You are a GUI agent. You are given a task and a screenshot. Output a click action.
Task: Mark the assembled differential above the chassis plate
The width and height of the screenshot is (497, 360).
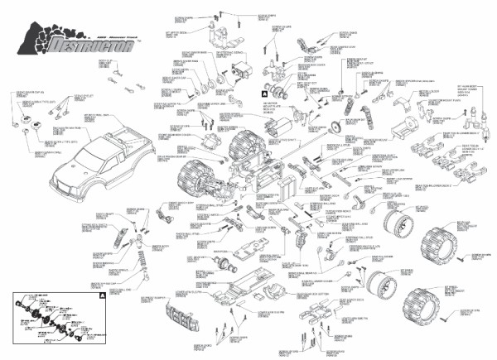224,264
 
